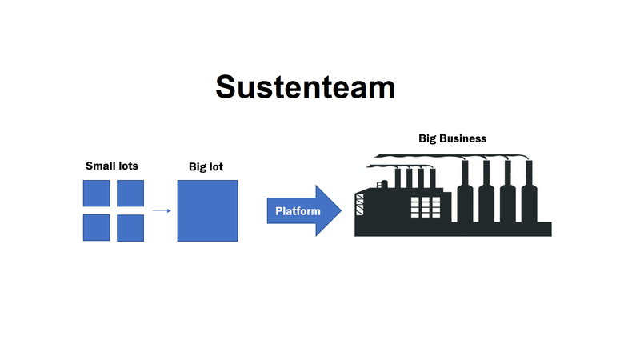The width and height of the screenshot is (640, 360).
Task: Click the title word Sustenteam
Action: [305, 86]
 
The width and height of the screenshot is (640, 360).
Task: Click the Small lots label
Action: [112, 166]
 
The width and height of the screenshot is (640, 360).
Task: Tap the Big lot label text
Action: [206, 166]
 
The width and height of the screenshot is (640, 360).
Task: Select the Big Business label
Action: [452, 138]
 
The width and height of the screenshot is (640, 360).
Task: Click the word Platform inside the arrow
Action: [298, 211]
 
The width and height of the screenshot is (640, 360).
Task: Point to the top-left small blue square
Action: [96, 193]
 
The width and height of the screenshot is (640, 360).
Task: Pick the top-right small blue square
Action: [130, 193]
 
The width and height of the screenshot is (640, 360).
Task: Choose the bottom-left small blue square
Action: [96, 228]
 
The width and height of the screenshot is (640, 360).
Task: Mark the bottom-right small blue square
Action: [130, 228]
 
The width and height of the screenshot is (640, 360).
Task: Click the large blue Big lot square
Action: [207, 210]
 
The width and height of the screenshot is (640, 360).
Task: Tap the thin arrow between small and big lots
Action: [162, 211]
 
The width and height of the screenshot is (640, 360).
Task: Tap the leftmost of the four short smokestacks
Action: [398, 180]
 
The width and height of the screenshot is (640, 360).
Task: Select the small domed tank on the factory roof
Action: [382, 185]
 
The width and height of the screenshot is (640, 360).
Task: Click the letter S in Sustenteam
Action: [229, 86]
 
